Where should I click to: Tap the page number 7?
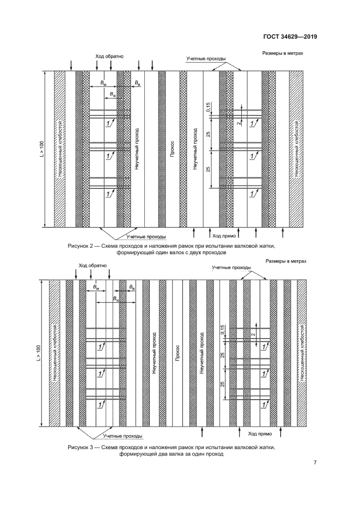[315, 463]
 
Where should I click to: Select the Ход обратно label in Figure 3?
[93, 266]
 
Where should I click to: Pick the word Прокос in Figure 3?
[178, 353]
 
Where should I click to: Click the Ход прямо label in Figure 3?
[260, 434]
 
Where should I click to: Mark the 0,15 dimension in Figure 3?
[223, 330]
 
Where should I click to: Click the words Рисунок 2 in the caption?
[82, 246]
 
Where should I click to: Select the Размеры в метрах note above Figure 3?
[286, 262]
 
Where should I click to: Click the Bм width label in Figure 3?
[96, 287]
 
